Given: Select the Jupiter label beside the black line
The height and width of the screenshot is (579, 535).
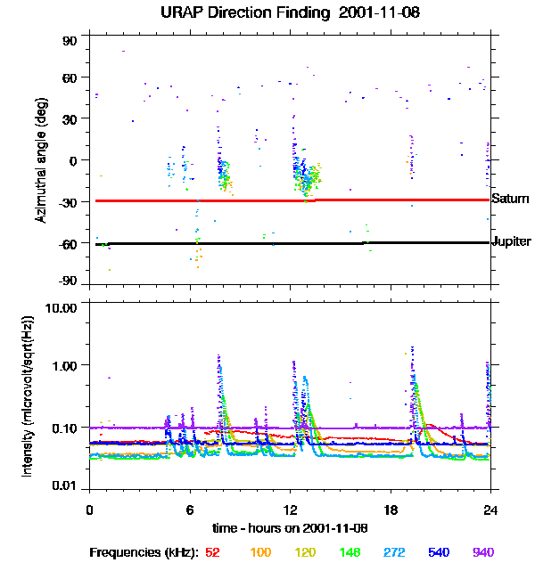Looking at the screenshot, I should point(512,241).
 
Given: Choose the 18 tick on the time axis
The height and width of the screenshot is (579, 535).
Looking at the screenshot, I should point(391,510).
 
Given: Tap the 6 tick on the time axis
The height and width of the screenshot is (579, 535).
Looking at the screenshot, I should point(190,510).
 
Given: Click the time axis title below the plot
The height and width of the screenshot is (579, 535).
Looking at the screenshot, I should point(291,528).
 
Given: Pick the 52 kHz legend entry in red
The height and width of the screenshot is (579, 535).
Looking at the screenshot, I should point(212,552).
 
